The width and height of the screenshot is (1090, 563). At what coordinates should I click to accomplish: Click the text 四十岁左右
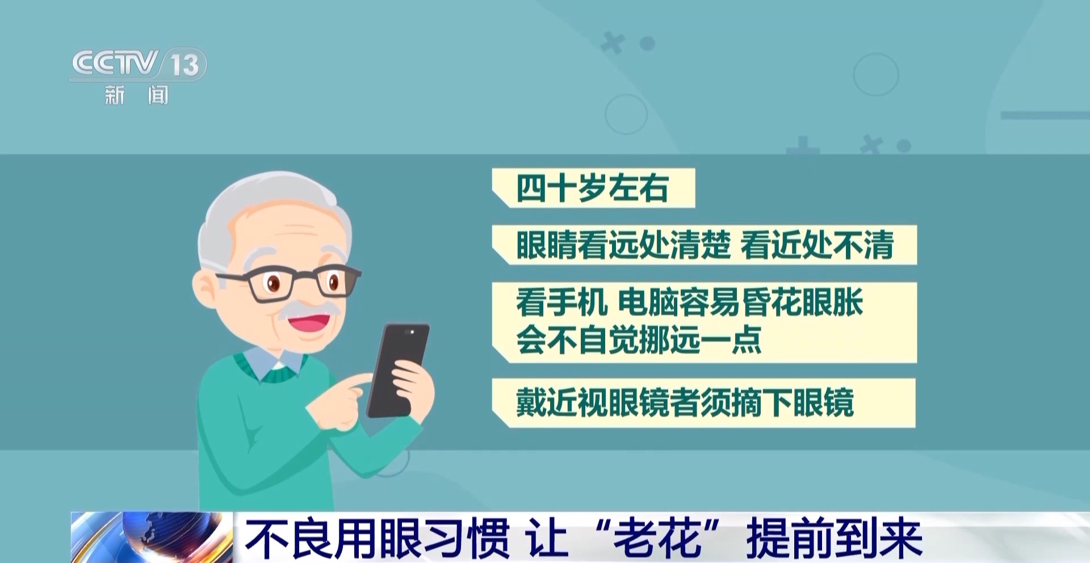click(x=592, y=188)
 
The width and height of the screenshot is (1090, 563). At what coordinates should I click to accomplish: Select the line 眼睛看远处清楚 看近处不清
click(x=705, y=245)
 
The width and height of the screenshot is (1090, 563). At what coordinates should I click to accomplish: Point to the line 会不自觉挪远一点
click(x=639, y=339)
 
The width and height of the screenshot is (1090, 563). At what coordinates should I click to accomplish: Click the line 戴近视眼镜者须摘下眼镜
click(x=685, y=402)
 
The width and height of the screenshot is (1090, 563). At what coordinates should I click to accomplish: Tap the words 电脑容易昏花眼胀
click(x=740, y=302)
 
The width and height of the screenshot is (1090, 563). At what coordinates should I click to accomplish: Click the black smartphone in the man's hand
click(x=397, y=370)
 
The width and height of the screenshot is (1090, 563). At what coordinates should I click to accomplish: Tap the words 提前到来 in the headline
click(x=834, y=539)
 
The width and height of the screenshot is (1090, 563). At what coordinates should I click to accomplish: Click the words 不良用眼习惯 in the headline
click(x=377, y=539)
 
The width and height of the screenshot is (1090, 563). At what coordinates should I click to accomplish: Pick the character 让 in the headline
click(x=547, y=539)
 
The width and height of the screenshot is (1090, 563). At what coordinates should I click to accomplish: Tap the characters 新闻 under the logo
click(x=136, y=95)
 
